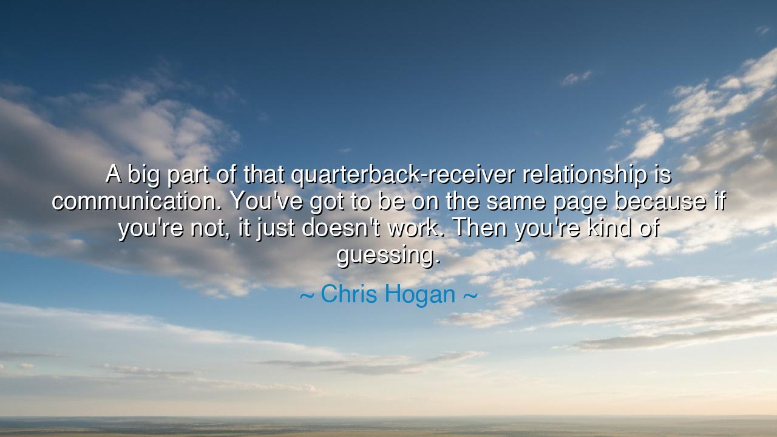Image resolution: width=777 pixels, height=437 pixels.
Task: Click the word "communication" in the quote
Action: (x=132, y=202)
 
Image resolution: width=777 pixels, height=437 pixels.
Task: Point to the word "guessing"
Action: (x=388, y=255)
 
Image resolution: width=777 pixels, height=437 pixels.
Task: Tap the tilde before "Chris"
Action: (x=307, y=296)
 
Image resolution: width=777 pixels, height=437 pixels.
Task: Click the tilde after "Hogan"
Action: (x=470, y=296)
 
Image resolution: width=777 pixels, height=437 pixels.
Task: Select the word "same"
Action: (x=515, y=202)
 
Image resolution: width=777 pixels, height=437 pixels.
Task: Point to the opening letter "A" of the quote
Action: (x=114, y=175)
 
